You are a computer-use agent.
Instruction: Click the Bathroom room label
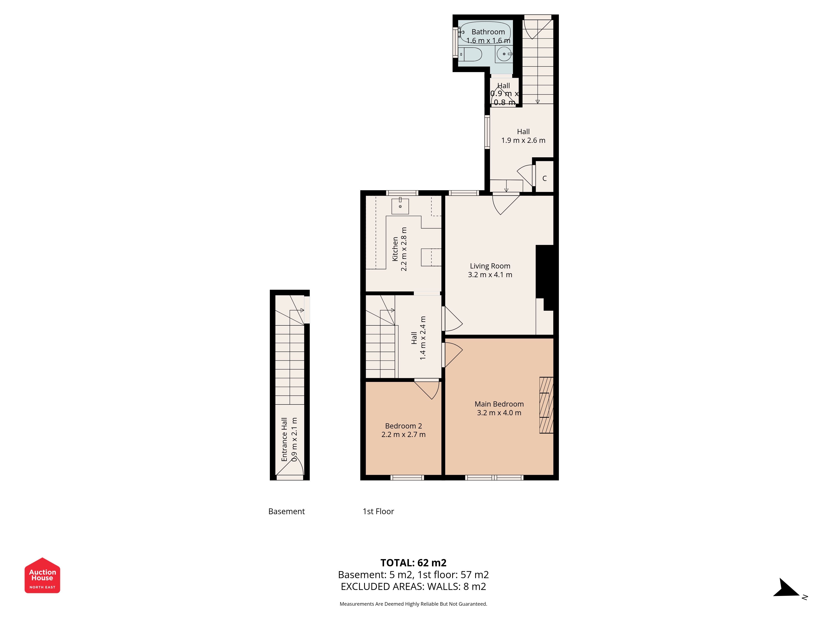pyautogui.click(x=488, y=36)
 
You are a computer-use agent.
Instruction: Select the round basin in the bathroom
pyautogui.click(x=504, y=54)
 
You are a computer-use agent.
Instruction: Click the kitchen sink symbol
pyautogui.click(x=400, y=206)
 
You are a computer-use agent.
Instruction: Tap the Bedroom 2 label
pyautogui.click(x=403, y=430)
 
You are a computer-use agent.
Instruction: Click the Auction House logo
pyautogui.click(x=42, y=575)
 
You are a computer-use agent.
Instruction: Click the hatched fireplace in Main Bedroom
pyautogui.click(x=546, y=405)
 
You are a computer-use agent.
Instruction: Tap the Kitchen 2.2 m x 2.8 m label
pyautogui.click(x=399, y=249)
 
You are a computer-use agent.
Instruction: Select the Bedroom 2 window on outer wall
pyautogui.click(x=407, y=478)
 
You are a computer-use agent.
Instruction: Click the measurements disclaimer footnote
pyautogui.click(x=413, y=604)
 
